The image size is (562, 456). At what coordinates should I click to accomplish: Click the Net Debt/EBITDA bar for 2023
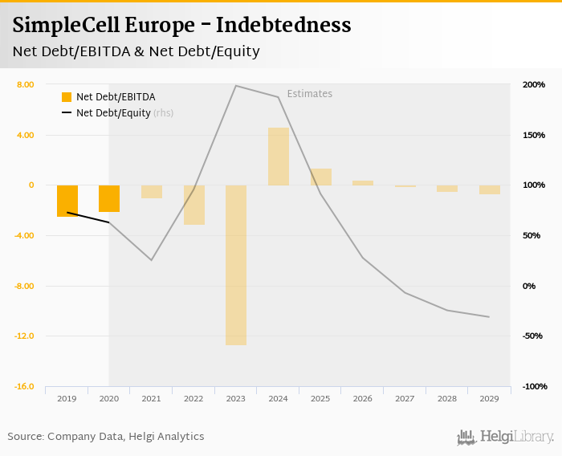click(236, 265)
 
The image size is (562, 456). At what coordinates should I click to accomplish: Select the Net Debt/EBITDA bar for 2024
click(278, 157)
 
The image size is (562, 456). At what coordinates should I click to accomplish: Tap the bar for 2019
click(67, 201)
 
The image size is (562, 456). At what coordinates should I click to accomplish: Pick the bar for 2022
click(193, 205)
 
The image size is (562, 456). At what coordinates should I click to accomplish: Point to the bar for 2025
click(320, 177)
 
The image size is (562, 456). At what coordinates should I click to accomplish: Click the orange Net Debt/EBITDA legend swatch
click(67, 97)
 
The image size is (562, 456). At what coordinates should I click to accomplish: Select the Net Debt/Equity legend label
click(113, 113)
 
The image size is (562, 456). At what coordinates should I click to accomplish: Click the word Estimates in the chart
click(309, 94)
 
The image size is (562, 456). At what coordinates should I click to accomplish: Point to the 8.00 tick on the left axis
click(25, 84)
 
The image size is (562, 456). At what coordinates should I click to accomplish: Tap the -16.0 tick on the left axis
click(24, 386)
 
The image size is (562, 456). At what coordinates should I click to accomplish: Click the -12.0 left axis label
click(24, 336)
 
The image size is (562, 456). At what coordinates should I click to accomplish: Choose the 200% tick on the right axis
click(534, 84)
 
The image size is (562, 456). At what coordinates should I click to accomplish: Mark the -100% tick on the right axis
click(534, 386)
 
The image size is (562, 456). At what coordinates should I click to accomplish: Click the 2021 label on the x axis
click(152, 398)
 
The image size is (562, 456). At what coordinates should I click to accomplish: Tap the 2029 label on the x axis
click(489, 398)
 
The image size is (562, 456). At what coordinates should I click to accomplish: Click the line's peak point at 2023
click(236, 86)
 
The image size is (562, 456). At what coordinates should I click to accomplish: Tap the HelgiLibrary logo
click(505, 437)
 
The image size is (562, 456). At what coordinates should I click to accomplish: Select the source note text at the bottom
click(106, 437)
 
